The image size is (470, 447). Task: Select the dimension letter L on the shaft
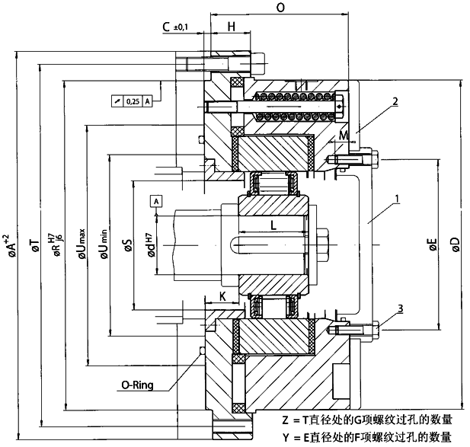click(x=272, y=225)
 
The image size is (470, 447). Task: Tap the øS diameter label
click(x=128, y=245)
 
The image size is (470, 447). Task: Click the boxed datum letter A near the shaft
click(x=156, y=201)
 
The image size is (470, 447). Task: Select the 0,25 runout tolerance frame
click(x=132, y=101)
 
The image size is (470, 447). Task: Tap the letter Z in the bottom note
click(x=286, y=420)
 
